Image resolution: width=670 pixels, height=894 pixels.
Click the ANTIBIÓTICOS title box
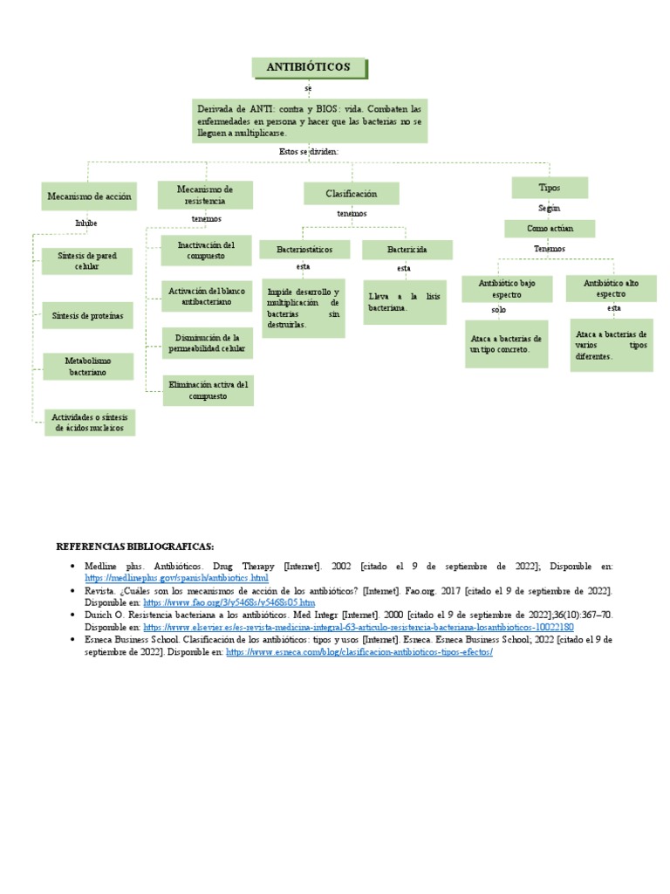coord(309,67)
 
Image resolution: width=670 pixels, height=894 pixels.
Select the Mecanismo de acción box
coord(89,196)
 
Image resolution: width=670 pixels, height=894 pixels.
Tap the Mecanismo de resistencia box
coord(205,195)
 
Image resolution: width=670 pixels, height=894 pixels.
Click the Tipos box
coord(550,188)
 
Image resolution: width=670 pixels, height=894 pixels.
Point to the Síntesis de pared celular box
coord(86,260)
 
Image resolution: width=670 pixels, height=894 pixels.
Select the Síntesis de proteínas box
coord(87,315)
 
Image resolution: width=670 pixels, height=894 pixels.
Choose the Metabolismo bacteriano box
coord(87,366)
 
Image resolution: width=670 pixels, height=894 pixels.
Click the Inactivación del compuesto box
coord(207,251)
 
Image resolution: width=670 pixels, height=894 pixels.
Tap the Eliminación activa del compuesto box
coord(207,390)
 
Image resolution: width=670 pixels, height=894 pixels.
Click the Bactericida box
coord(407,250)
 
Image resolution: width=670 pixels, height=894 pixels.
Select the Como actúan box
coord(550,228)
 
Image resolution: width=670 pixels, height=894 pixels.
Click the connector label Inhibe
coord(86,223)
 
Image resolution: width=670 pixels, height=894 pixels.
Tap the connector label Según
coord(550,208)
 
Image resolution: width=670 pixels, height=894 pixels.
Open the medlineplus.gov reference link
coord(176,578)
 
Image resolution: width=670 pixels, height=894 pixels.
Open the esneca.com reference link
coord(359,652)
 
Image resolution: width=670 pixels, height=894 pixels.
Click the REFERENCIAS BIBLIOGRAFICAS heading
coord(135,547)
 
